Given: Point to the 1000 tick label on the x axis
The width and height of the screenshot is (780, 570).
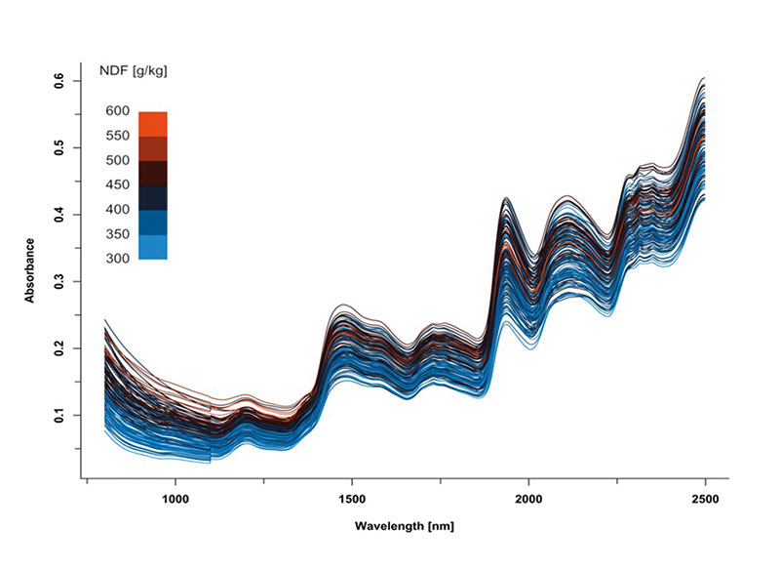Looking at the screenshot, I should coord(175,497).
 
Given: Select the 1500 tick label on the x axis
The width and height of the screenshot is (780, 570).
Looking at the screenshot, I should coord(352,497).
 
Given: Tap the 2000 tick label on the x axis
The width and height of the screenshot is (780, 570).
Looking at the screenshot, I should coord(528,497).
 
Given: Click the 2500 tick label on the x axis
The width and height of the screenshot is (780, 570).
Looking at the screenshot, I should coord(704,497).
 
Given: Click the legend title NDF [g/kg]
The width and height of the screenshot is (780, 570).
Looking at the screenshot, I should coord(137,70).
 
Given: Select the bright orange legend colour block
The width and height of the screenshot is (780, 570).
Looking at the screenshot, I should coord(153,124).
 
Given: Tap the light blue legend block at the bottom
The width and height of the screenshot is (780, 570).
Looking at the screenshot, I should coord(153,247).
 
